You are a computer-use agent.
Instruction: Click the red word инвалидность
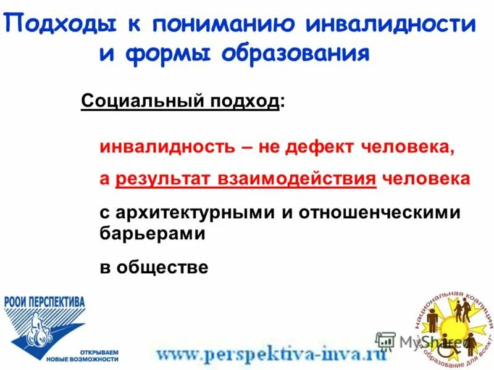pos(166,148)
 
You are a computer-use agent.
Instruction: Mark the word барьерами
pos(152,234)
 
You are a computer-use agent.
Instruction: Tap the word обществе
pos(161,267)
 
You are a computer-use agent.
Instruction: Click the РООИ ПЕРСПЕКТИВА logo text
pos(44,303)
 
